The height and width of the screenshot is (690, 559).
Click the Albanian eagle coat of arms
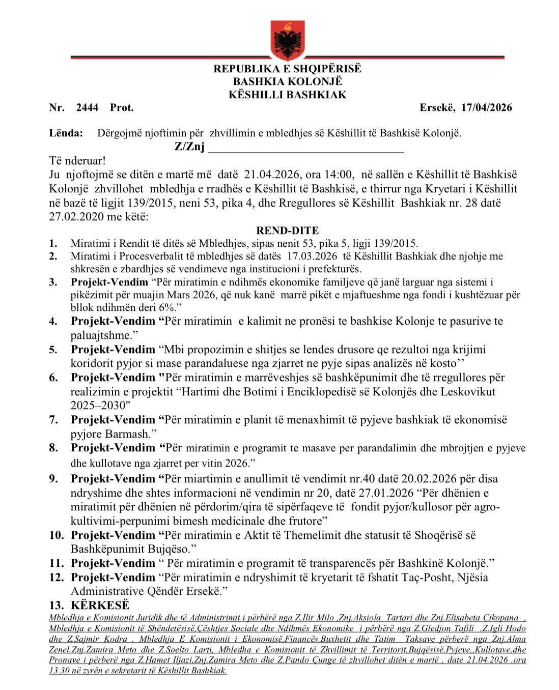point(287,39)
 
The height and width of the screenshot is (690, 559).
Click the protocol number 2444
point(87,107)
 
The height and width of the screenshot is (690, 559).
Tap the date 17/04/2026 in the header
point(486,107)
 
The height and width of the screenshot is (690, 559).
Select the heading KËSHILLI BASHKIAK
point(287,95)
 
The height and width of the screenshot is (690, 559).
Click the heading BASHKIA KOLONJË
point(288,81)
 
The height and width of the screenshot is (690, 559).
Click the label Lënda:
point(66,133)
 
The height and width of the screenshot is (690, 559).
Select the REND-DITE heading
point(288,231)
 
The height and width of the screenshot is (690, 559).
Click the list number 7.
point(53,420)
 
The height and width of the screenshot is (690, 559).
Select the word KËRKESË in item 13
point(100,605)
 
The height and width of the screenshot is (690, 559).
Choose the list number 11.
point(56,563)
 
